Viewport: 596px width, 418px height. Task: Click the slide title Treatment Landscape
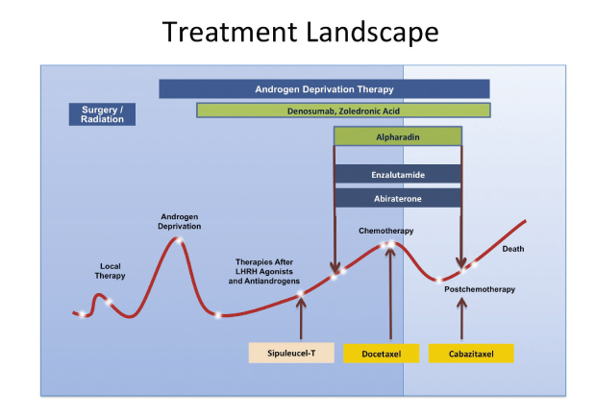click(x=301, y=32)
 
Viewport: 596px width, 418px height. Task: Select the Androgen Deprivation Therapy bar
click(x=324, y=88)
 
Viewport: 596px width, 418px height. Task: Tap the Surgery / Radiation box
click(x=102, y=114)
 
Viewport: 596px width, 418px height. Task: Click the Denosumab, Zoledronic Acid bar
click(x=343, y=111)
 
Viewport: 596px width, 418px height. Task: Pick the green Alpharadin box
click(x=398, y=137)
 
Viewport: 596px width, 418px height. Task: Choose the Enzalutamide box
click(x=398, y=175)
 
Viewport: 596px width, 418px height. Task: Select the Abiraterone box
click(x=398, y=199)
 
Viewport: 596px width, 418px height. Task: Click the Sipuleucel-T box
click(x=291, y=353)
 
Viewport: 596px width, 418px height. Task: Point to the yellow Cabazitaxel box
click(x=471, y=353)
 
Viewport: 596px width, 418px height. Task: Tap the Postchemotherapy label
click(x=481, y=288)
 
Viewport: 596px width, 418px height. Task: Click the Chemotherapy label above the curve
click(x=387, y=232)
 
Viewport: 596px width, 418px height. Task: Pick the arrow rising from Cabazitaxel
click(x=461, y=317)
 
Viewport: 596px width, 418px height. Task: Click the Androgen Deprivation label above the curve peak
click(x=180, y=222)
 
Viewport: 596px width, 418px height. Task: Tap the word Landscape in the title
click(x=369, y=32)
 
